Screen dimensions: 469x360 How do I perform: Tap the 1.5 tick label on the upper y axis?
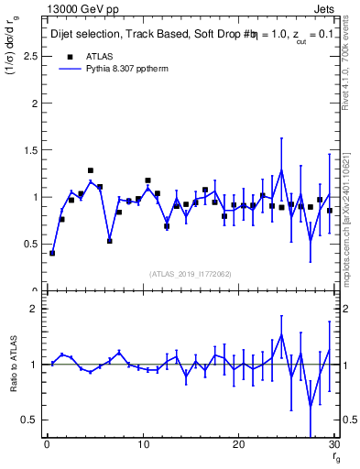[27, 150]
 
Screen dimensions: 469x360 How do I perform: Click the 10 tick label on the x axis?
[142, 445]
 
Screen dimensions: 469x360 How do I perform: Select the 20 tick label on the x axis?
[238, 445]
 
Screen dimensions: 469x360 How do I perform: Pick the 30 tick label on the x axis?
[333, 445]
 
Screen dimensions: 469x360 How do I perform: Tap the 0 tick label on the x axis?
[46, 445]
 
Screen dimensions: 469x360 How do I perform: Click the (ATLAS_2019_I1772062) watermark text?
[191, 274]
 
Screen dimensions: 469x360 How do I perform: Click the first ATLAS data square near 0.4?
[52, 253]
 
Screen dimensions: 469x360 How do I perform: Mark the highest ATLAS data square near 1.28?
[91, 170]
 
